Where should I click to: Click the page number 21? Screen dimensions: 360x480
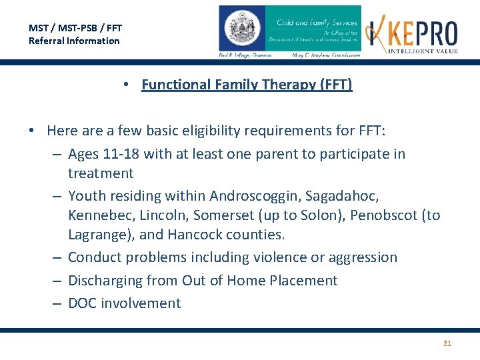coord(447,343)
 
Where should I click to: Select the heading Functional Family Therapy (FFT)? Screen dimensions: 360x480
coord(247,85)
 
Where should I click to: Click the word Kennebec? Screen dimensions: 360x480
coord(99,215)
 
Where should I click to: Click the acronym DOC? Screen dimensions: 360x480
coord(84,303)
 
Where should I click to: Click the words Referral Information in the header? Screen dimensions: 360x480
coord(74,41)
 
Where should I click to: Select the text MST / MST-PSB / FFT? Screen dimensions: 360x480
coord(75,28)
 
